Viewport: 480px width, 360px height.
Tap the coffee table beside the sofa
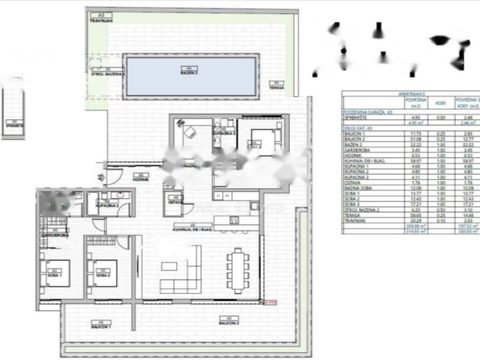pyautogui.click(x=169, y=266)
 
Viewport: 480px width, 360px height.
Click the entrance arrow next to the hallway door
pyautogui.click(x=100, y=177)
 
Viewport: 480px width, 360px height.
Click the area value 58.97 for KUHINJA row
pyautogui.click(x=415, y=160)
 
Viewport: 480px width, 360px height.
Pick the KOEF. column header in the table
pyautogui.click(x=441, y=103)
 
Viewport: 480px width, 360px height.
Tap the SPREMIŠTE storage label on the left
pyautogui.click(x=14, y=126)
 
